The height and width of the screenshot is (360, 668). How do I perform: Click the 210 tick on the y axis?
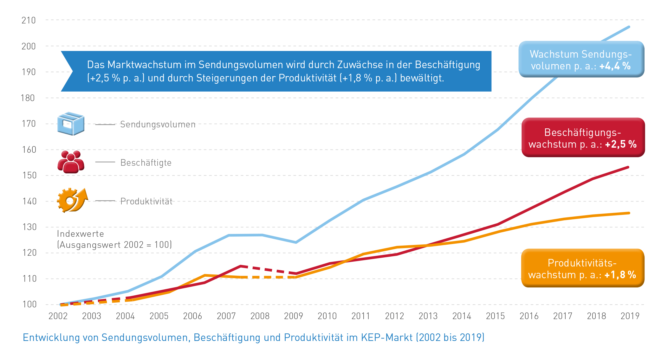[29, 20]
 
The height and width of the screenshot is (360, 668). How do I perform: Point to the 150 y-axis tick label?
[29, 175]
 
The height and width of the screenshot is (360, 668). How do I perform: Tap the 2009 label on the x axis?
[293, 316]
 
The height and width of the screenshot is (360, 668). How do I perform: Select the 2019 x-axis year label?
[630, 316]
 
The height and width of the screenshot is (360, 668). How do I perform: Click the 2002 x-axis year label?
[58, 316]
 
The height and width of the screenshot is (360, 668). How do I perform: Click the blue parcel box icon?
[71, 124]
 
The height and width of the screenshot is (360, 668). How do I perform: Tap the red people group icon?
[71, 162]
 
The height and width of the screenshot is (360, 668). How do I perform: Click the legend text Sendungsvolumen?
[158, 125]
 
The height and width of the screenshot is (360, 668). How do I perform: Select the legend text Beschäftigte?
[146, 163]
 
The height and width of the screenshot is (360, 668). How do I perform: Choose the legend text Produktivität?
[146, 202]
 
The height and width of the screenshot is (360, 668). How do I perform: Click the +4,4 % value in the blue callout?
[615, 66]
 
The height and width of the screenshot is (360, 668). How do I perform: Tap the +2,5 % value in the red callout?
[620, 145]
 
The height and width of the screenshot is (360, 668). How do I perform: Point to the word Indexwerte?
[81, 234]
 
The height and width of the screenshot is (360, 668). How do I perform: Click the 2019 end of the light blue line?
[629, 27]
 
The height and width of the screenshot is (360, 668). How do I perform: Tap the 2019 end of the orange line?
[629, 213]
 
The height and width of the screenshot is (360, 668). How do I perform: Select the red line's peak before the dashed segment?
[241, 266]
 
